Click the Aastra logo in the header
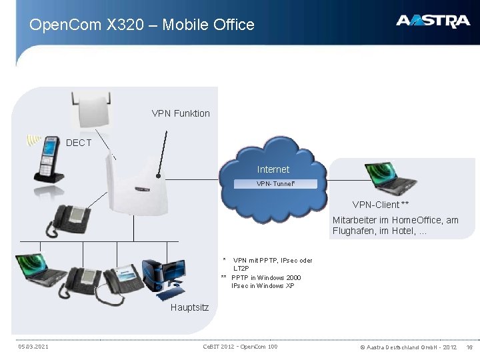433,21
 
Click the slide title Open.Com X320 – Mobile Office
142,25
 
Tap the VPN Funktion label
181,113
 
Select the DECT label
79,143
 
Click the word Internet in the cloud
273,169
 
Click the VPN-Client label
381,205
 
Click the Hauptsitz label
189,307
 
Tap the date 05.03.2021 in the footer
33,347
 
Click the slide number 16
469,347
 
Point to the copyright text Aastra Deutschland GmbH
408,347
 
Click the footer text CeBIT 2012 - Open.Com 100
240,347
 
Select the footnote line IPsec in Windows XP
262,286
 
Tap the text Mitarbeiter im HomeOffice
395,220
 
